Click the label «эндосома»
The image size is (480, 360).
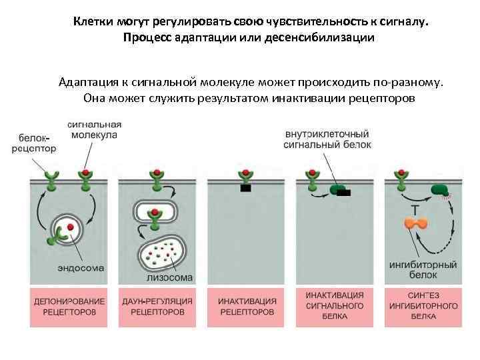point(78,269)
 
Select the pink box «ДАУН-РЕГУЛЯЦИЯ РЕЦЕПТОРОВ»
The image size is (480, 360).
point(158,307)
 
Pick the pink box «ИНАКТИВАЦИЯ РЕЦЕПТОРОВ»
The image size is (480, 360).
point(247,307)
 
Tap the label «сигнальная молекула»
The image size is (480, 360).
point(94,129)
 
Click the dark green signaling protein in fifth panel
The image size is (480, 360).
point(439,190)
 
